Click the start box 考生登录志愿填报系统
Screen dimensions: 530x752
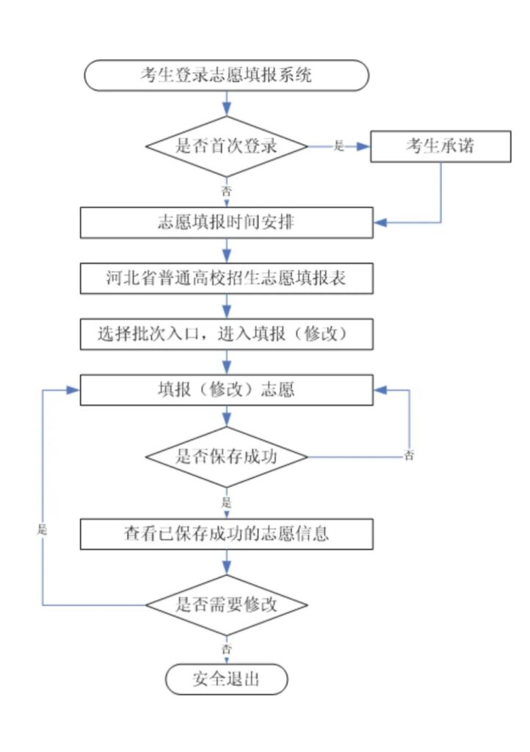point(227,76)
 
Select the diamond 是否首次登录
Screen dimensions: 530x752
point(227,146)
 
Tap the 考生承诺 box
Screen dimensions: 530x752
point(441,146)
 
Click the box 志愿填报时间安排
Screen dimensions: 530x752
point(227,223)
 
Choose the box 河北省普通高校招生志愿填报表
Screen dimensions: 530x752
point(227,278)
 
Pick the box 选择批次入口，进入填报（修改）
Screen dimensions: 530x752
point(227,334)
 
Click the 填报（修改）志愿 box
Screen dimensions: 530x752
point(227,390)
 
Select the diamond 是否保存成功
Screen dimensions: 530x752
point(227,457)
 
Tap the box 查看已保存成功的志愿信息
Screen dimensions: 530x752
point(227,534)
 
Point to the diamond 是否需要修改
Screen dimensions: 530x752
point(227,605)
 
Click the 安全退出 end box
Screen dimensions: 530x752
point(227,679)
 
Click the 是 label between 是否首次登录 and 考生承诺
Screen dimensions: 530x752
point(339,146)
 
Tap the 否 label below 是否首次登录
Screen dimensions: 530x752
point(226,191)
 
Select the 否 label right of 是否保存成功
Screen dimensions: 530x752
point(409,455)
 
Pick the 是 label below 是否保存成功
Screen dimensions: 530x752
point(226,502)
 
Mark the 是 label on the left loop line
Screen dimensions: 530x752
point(43,529)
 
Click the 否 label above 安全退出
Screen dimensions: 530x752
point(226,649)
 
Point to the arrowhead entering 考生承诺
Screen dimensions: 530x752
point(364,146)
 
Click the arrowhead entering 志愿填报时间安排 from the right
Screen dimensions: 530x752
point(380,223)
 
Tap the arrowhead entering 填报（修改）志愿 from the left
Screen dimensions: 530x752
point(73,390)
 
